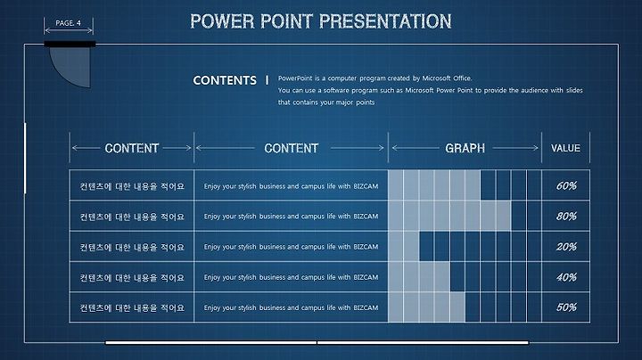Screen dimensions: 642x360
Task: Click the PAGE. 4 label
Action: (x=68, y=23)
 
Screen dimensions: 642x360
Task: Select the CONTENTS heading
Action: (x=225, y=80)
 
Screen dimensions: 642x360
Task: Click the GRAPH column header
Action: (x=465, y=148)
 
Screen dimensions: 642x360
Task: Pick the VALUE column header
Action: (x=565, y=148)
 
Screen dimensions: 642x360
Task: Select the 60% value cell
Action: (x=566, y=185)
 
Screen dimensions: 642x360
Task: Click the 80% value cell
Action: (x=566, y=216)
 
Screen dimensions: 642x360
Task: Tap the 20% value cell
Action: (x=566, y=247)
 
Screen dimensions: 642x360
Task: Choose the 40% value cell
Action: (x=566, y=277)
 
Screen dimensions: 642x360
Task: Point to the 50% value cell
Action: (x=566, y=307)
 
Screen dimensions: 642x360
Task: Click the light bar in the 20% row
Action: (x=404, y=246)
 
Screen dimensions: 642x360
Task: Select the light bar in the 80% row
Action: (x=449, y=216)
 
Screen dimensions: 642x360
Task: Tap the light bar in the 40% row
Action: (x=419, y=276)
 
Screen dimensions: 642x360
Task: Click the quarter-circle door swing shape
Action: (x=70, y=65)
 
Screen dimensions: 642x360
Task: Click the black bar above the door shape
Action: (x=70, y=44)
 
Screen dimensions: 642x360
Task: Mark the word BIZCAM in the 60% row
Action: (x=366, y=186)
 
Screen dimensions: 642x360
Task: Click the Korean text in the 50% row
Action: (x=132, y=307)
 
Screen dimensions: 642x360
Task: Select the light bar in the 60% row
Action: (x=434, y=185)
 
